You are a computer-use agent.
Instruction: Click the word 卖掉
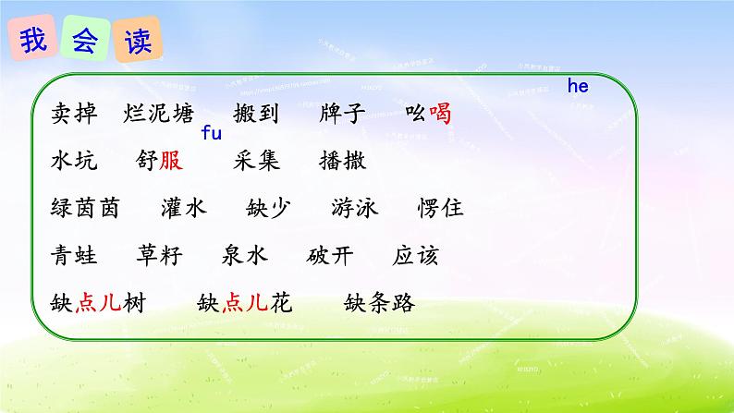pos(74,115)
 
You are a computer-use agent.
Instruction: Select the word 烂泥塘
pos(158,115)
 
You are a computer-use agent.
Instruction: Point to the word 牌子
pos(342,115)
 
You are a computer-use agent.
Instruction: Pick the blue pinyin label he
pos(578,87)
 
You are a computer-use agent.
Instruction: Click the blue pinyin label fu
pos(211,135)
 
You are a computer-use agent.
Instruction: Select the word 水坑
pos(74,161)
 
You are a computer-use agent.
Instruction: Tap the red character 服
pos(171,161)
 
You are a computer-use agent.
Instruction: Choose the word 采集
pos(256,161)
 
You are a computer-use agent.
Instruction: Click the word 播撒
pos(343,161)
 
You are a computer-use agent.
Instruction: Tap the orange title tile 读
pos(138,43)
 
